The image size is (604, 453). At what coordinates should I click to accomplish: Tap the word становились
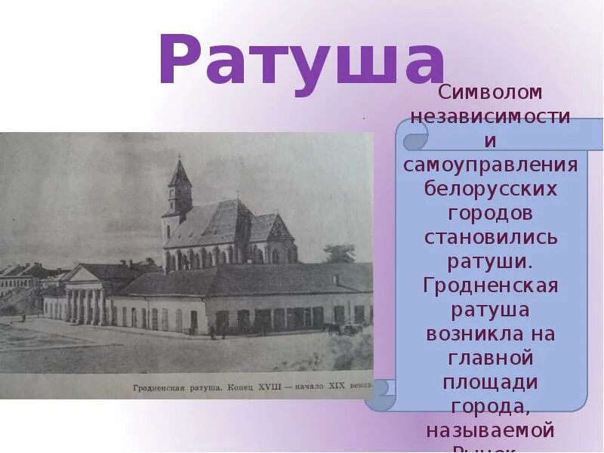click(x=491, y=237)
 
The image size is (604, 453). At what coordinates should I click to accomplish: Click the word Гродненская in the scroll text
click(x=491, y=285)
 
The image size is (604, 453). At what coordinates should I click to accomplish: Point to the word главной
click(x=491, y=358)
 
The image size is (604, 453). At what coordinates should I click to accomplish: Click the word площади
click(x=491, y=382)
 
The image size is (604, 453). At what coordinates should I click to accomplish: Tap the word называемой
click(x=491, y=430)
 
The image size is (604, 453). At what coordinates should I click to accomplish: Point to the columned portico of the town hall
click(x=85, y=298)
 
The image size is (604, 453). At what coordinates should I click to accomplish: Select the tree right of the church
click(x=340, y=253)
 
